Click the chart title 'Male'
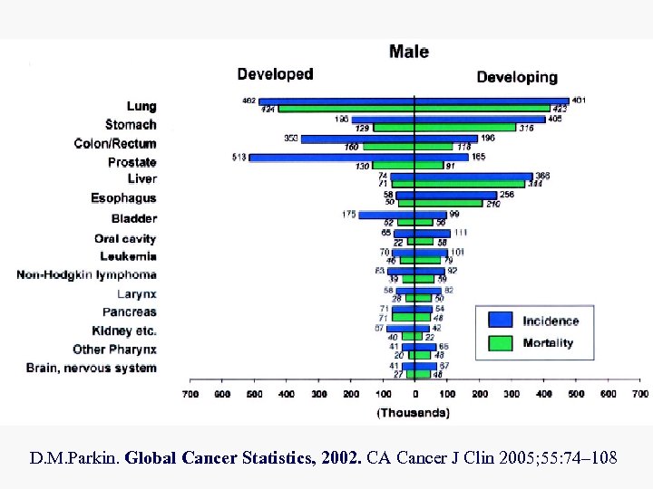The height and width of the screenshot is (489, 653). (x=408, y=51)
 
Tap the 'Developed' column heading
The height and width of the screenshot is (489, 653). (x=275, y=74)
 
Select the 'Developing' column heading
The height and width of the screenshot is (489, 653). (x=517, y=77)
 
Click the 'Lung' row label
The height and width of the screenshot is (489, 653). (x=141, y=106)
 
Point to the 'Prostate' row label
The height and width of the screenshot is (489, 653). (x=132, y=162)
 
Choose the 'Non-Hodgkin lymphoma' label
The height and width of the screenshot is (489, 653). (x=86, y=274)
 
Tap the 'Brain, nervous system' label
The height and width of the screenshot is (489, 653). (x=91, y=368)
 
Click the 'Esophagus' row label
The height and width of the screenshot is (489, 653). (x=123, y=198)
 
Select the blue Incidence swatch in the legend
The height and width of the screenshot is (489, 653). (x=501, y=320)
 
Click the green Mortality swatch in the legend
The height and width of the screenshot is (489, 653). (x=501, y=343)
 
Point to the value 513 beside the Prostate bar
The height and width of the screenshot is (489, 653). (x=239, y=157)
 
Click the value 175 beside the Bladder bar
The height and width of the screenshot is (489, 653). (x=348, y=214)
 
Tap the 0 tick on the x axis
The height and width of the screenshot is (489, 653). (x=414, y=394)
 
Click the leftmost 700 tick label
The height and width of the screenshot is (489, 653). (x=190, y=394)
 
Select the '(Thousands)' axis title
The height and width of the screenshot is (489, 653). (x=413, y=413)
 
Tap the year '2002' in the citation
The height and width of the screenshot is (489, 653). (x=340, y=458)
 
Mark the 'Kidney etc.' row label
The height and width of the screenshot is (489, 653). (x=124, y=331)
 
